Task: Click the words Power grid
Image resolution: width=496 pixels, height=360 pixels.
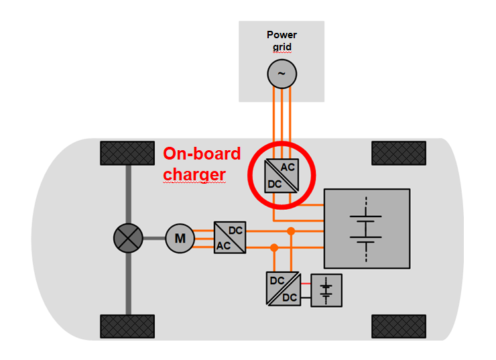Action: click(282, 40)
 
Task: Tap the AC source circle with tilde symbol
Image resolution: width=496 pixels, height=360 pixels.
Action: click(282, 74)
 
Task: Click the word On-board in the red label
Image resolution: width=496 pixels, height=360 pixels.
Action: click(202, 154)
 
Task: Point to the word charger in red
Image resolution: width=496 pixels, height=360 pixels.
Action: click(194, 175)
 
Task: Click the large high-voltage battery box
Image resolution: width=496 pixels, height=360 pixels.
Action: click(367, 228)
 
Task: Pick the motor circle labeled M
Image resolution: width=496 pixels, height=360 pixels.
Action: click(180, 237)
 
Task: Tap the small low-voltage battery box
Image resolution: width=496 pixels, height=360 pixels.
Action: click(326, 290)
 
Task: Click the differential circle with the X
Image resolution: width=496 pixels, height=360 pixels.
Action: click(128, 237)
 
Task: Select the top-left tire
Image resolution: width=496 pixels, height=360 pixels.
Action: click(127, 153)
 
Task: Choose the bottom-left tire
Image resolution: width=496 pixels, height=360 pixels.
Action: click(127, 326)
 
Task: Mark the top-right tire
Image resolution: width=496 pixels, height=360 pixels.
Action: click(399, 153)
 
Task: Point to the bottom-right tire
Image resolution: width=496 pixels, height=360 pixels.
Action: click(399, 326)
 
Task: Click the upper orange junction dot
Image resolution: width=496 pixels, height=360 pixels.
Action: click(291, 231)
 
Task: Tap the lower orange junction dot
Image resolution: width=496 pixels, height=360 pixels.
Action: click(274, 248)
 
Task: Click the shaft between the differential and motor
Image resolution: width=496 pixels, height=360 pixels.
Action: click(153, 237)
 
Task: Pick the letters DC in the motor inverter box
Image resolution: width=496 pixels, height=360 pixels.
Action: click(236, 230)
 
